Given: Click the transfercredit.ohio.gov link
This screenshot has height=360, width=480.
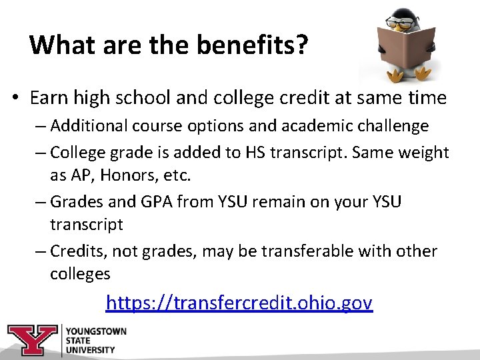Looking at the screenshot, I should click(x=239, y=303).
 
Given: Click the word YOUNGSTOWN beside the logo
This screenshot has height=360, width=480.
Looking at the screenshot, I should click(x=96, y=331).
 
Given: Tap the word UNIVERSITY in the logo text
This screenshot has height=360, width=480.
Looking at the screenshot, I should click(x=89, y=349).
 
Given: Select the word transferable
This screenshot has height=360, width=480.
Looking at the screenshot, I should click(x=317, y=251).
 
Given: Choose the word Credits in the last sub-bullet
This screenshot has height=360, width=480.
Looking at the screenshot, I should click(x=78, y=251).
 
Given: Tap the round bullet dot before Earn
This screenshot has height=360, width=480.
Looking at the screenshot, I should click(x=15, y=99).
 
